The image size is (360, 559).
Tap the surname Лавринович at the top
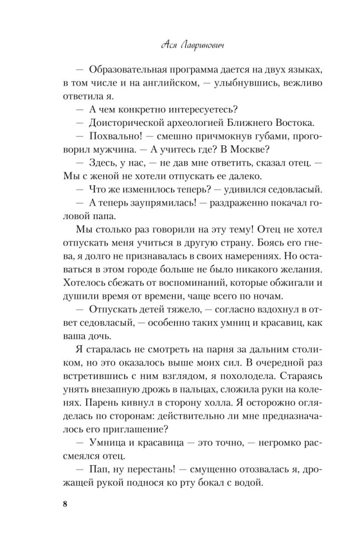coord(198,44)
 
